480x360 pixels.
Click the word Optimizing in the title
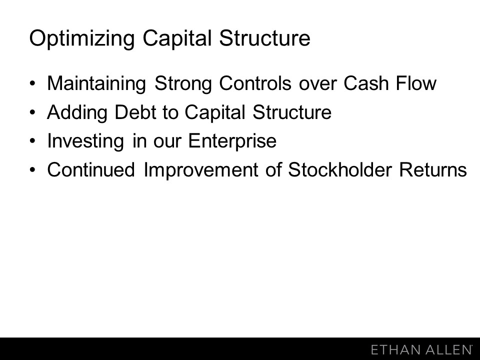(x=82, y=38)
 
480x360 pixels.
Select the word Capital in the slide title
(x=177, y=38)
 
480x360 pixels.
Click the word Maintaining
(x=96, y=83)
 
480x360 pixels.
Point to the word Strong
(x=183, y=83)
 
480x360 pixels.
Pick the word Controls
(x=255, y=83)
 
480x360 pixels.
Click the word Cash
(x=366, y=83)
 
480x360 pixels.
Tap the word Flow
(x=416, y=83)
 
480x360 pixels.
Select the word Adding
(x=77, y=112)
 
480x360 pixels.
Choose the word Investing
(x=85, y=141)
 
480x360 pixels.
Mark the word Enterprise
(x=232, y=141)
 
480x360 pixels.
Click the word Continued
(x=91, y=169)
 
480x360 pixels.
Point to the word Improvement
(x=201, y=170)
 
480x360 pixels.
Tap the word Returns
(x=433, y=169)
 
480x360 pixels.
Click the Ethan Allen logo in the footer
(x=421, y=349)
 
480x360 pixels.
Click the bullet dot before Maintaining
(x=33, y=83)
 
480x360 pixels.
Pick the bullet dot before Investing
(x=33, y=141)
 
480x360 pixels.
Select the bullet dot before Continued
(x=33, y=169)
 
